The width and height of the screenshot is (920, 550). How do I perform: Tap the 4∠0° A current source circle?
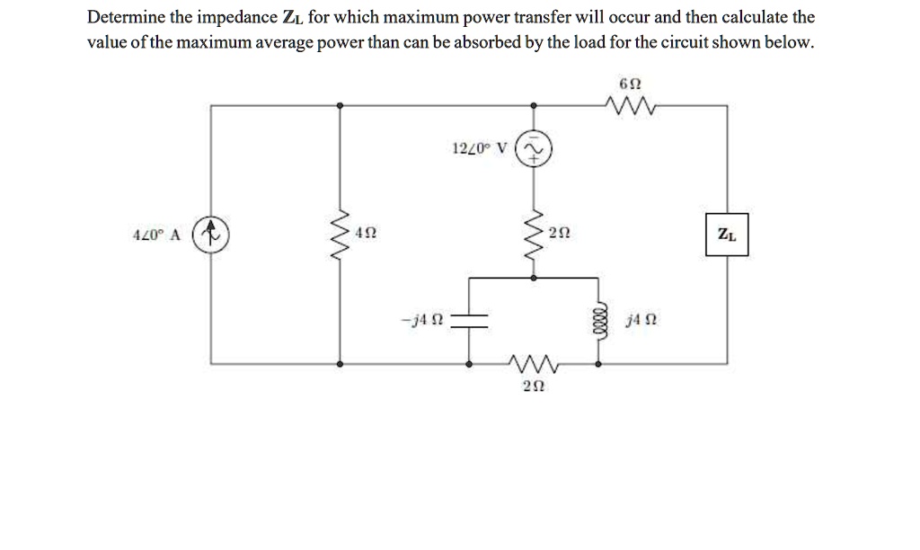212,235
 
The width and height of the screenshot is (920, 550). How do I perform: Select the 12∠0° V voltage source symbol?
533,150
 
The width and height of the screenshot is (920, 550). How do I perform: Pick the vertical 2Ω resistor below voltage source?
534,235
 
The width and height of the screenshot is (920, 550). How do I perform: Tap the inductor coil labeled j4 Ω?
597,321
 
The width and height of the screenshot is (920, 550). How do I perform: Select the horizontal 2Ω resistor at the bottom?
533,365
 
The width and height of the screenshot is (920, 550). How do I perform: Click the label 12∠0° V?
479,146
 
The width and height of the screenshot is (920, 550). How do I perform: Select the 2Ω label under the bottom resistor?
533,387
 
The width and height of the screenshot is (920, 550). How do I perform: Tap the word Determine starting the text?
120,18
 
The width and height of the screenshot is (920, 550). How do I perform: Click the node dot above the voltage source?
534,106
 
